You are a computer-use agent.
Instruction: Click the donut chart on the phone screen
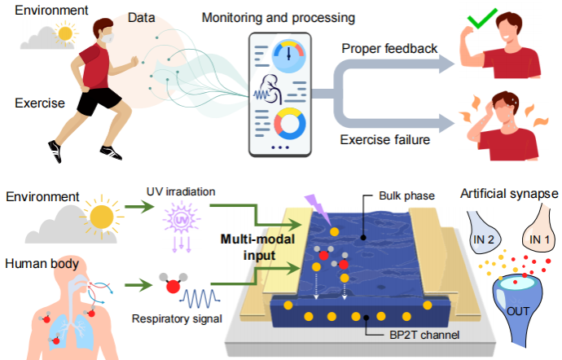coord(288,124)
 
